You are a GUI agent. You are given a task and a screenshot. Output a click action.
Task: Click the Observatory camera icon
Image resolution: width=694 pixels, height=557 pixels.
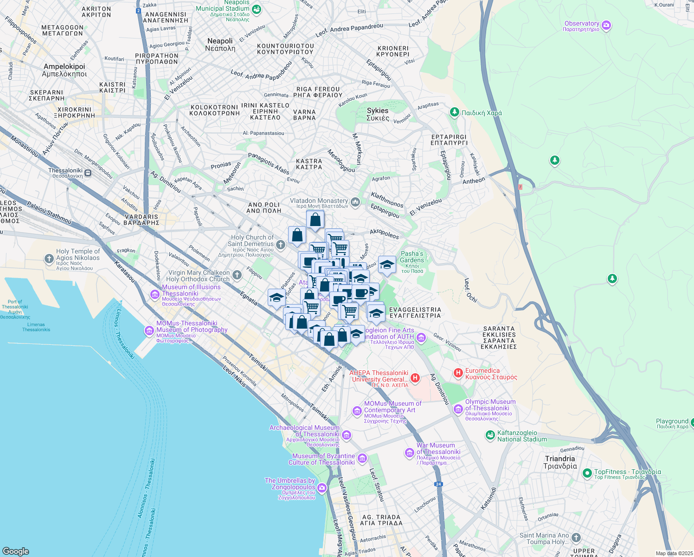(x=606, y=26)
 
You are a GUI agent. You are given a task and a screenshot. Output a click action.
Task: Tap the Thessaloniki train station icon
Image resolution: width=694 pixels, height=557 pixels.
(x=88, y=173)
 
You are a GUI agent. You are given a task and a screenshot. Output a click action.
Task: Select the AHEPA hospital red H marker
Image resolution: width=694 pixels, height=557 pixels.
(x=415, y=378)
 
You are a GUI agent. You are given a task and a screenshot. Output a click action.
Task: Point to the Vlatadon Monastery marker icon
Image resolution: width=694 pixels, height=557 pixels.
(x=355, y=201)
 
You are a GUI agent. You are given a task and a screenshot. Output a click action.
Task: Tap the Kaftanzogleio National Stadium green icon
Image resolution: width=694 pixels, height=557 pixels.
(x=490, y=435)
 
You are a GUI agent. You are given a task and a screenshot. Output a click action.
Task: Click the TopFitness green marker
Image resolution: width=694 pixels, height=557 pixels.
(x=587, y=473)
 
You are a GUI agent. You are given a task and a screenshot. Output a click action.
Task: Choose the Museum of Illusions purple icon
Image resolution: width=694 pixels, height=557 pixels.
(x=154, y=294)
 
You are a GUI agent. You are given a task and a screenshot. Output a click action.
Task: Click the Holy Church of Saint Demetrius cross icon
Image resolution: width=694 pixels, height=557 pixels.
(x=280, y=245)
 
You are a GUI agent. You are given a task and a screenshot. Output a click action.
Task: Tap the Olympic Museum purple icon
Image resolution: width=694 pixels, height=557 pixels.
(x=458, y=408)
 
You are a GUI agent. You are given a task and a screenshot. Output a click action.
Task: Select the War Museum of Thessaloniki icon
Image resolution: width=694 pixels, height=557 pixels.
(x=409, y=453)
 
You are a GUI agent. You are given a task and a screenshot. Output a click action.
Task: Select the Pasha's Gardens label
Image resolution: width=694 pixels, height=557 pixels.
(x=412, y=257)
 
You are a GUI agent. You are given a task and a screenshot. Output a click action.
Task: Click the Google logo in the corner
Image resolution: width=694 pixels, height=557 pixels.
(x=15, y=551)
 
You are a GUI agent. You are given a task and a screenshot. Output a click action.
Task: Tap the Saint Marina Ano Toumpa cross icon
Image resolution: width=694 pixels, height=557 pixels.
(x=576, y=538)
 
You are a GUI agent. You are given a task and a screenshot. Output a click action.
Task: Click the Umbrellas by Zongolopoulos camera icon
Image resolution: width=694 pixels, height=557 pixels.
(x=322, y=488)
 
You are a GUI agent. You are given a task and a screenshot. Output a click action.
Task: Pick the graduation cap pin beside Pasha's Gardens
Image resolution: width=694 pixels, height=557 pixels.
(x=387, y=265)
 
